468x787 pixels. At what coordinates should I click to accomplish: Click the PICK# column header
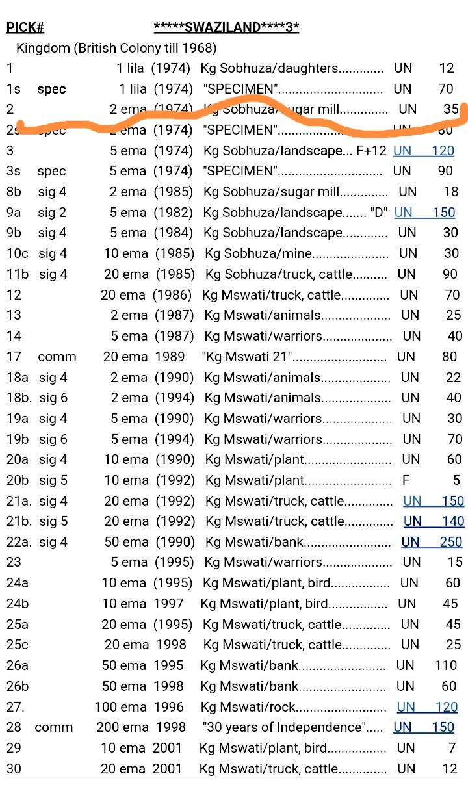25,27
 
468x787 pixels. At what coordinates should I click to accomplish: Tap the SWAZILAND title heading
226,27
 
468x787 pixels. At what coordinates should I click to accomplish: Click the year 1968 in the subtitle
201,48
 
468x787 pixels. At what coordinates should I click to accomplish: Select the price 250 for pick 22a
450,541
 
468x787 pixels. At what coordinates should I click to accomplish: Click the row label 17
14,357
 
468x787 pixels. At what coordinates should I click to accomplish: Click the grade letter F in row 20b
406,481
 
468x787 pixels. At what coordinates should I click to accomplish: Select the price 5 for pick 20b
456,481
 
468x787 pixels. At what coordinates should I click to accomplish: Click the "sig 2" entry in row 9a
52,213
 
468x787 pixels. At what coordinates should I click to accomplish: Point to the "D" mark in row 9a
378,213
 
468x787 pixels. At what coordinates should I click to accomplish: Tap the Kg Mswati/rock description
249,707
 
